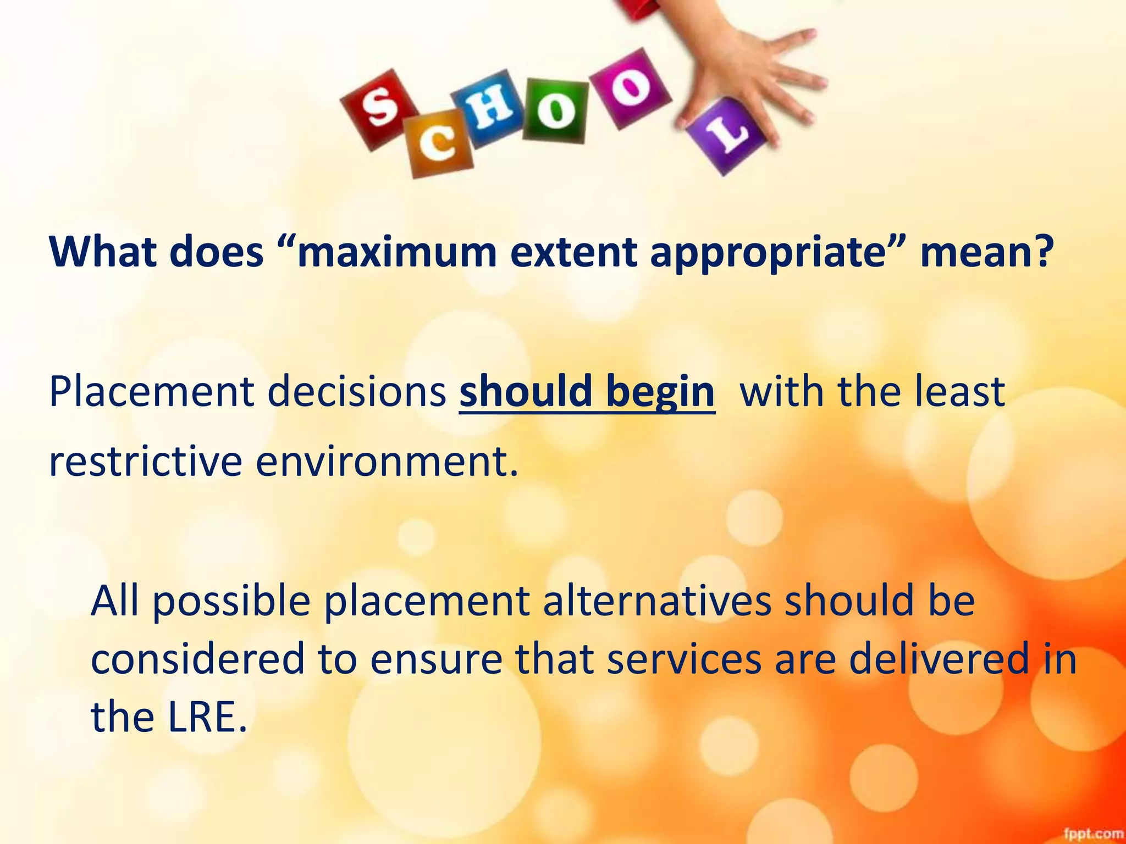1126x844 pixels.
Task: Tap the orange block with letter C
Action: [x=439, y=143]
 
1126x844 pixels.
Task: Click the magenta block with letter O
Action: [x=631, y=88]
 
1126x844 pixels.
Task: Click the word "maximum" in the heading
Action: [x=396, y=253]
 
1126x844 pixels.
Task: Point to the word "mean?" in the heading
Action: [x=986, y=253]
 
